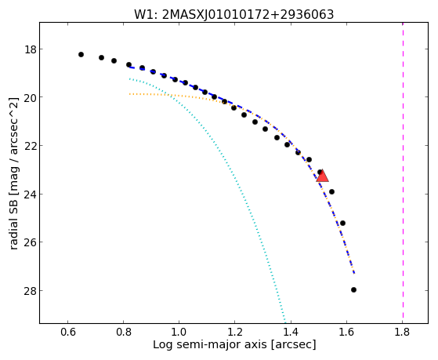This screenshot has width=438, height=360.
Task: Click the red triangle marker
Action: pos(322,176)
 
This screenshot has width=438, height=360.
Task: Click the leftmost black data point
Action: pos(81,54)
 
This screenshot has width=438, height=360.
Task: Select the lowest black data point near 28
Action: pos(353,289)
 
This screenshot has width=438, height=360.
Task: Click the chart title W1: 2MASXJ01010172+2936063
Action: pos(233,15)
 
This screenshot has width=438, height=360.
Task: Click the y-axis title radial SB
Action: pos(13,173)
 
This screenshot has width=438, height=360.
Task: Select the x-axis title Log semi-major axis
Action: pos(234,344)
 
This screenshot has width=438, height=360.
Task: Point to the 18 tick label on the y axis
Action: pos(31,49)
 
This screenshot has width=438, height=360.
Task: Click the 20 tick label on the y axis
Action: pos(31,97)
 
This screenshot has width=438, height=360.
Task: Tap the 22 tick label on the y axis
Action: pos(31,146)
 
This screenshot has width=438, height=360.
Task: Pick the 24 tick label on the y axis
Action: pos(31,195)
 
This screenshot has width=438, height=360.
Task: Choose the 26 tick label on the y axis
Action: pos(31,242)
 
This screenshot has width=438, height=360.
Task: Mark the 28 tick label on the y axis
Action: pos(31,291)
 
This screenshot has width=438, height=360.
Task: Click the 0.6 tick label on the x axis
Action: pos(67,332)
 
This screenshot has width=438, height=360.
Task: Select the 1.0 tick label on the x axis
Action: pos(179,332)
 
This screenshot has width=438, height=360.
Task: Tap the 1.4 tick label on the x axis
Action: pos(291,332)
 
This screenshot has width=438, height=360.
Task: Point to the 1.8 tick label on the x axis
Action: pos(402,332)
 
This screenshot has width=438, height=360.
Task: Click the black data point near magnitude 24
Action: pos(331,191)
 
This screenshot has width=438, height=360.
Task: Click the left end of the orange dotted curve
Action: pos(129,94)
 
